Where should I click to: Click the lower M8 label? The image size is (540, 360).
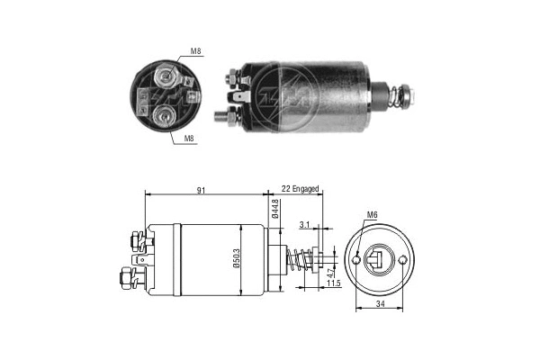click(190, 139)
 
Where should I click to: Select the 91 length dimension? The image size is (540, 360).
click(204, 190)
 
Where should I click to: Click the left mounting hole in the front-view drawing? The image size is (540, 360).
click(357, 261)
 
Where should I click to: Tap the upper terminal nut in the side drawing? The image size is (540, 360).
click(135, 240)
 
